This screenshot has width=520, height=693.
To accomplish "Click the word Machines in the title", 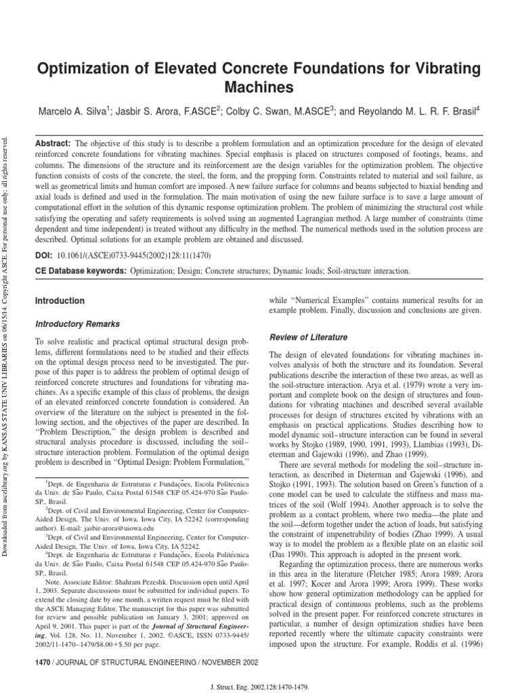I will point(260,87).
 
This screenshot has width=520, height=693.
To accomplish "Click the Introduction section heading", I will point(59,300).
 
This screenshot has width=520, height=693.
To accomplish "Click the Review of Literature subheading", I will point(309,337).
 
